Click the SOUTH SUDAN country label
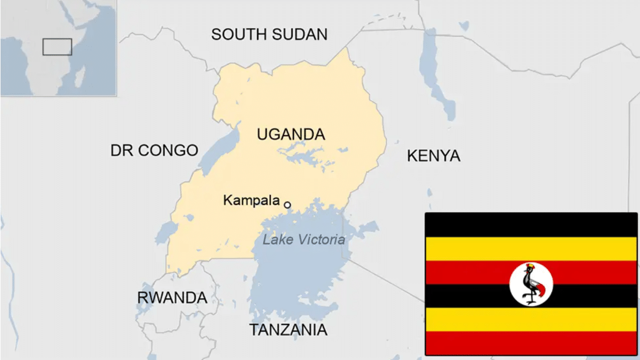[269, 35]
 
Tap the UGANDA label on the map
[291, 134]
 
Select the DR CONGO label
[154, 150]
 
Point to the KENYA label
[433, 156]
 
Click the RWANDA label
[172, 298]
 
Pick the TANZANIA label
[288, 330]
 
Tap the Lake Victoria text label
[303, 240]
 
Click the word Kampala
[251, 201]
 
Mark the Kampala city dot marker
[287, 205]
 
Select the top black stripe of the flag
[531, 225]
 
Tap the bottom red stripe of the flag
[531, 342]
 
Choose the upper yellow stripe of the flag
[531, 249]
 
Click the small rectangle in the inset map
[57, 47]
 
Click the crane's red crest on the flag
[530, 266]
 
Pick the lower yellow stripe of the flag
[531, 319]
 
